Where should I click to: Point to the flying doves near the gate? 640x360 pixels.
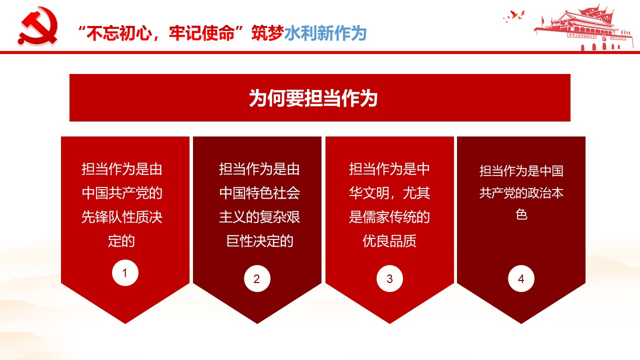tap(514, 16)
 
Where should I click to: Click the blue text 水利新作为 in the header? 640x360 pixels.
tap(325, 33)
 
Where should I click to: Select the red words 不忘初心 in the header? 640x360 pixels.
tap(119, 33)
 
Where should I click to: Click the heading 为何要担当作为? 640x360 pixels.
tap(313, 98)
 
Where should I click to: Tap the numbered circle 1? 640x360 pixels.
tap(125, 273)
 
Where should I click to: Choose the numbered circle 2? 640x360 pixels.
tap(257, 278)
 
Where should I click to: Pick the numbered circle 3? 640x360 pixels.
tap(389, 278)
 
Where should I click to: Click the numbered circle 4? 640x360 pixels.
tap(521, 278)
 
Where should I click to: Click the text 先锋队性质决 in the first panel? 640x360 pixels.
tap(122, 217)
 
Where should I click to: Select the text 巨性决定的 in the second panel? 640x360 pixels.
tap(259, 241)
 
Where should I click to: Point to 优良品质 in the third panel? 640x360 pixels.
tap(389, 241)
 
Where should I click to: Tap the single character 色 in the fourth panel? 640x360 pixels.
tap(521, 214)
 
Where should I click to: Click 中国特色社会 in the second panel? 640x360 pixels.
tap(259, 193)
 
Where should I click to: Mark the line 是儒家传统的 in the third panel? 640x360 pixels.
tap(389, 217)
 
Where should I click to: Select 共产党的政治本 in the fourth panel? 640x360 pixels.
tap(521, 193)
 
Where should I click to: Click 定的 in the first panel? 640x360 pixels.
tap(121, 241)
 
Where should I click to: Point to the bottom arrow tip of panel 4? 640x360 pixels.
tap(521, 323)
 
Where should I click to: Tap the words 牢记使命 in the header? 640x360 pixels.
tap(201, 33)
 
